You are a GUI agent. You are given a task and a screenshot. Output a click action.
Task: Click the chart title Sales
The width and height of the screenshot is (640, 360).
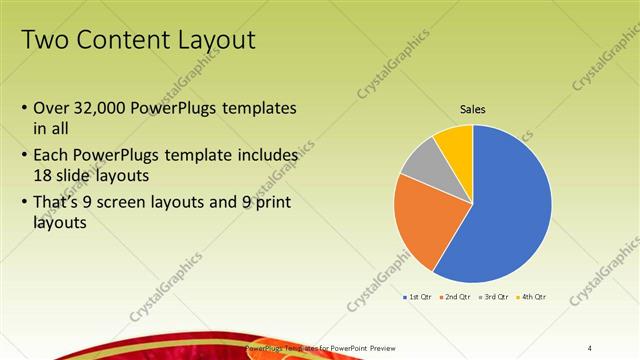pos(472,109)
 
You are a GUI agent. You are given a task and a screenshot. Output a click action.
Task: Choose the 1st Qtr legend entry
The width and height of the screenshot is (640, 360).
pos(417,298)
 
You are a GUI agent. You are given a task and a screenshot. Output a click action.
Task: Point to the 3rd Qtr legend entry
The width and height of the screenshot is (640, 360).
pos(495,298)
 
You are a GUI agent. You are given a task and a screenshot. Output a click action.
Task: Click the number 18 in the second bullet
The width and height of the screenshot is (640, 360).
pos(43,174)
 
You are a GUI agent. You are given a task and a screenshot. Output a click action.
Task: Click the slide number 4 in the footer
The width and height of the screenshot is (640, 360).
pos(590,347)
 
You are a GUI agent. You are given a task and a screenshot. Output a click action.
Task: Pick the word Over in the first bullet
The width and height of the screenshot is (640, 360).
pos(50,107)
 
